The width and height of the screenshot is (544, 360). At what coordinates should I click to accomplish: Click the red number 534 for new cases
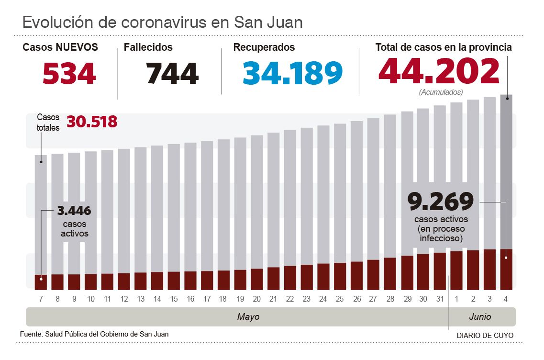[x=69, y=73]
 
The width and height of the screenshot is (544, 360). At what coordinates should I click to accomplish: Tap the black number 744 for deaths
[x=172, y=73]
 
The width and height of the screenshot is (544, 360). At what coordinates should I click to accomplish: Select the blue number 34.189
[x=292, y=73]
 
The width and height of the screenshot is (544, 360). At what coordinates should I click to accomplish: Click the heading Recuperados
[x=264, y=47]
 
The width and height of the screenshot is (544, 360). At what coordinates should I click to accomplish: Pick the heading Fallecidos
[x=148, y=47]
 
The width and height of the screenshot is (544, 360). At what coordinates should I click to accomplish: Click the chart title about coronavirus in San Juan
[x=162, y=22]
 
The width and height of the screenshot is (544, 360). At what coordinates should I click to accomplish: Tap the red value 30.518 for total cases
[x=92, y=122]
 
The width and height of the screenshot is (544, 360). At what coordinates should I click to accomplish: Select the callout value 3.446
[x=74, y=211]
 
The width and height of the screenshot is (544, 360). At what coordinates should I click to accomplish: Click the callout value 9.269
[x=440, y=202]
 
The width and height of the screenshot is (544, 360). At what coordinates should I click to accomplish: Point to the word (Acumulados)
[x=441, y=92]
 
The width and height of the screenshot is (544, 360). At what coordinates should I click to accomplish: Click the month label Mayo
[x=248, y=317]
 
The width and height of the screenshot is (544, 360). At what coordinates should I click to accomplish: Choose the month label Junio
[x=480, y=317]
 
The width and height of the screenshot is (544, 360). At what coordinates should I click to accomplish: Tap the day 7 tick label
[x=41, y=299]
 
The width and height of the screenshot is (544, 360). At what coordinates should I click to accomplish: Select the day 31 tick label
[x=440, y=299]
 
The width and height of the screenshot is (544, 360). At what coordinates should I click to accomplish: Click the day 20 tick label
[x=257, y=299]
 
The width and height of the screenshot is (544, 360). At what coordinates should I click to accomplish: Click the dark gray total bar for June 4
[x=506, y=168]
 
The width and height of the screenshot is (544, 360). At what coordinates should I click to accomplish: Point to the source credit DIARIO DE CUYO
[x=485, y=336]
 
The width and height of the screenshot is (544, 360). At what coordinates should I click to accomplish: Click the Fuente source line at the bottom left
[x=94, y=334]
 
